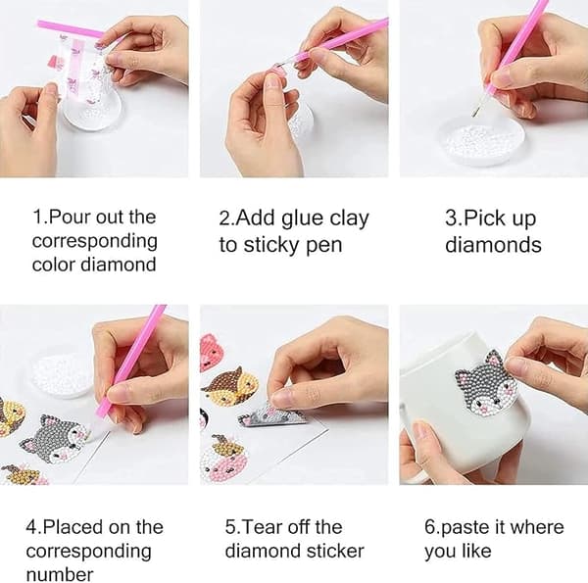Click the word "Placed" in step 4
coord(73,527)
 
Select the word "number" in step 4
coord(60,575)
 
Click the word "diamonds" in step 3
coord(493,245)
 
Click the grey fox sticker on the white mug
coord(481,384)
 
